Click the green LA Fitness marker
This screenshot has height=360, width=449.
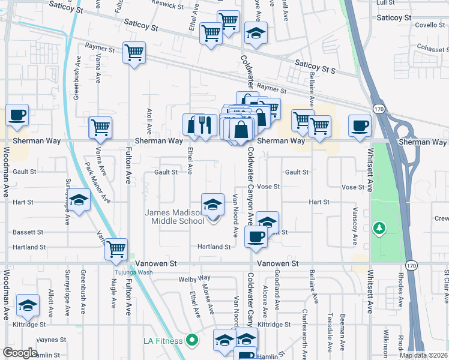(192, 341)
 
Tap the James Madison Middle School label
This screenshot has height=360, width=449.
(175, 217)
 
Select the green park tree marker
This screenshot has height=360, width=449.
(379, 228)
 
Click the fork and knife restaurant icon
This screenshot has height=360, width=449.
(206, 125)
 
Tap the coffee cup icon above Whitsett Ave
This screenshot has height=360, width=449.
(360, 126)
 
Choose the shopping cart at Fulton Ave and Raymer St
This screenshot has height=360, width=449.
(134, 52)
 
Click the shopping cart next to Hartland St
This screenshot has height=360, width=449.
(116, 248)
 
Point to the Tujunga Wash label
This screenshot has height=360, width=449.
(134, 272)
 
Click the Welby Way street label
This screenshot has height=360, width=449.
(194, 278)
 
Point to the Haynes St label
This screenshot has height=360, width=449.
(50, 340)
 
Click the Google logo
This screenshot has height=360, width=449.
(20, 353)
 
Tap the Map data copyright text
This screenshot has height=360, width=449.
(423, 355)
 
